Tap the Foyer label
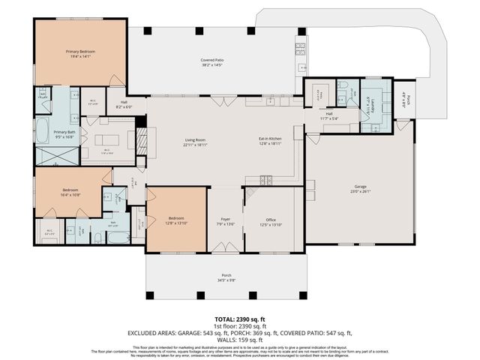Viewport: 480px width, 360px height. click(x=225, y=220)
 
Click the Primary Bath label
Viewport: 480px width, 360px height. click(x=64, y=132)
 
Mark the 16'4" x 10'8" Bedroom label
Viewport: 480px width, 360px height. click(x=70, y=190)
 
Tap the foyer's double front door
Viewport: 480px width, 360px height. click(x=225, y=247)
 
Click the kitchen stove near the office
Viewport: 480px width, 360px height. click(x=265, y=180)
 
